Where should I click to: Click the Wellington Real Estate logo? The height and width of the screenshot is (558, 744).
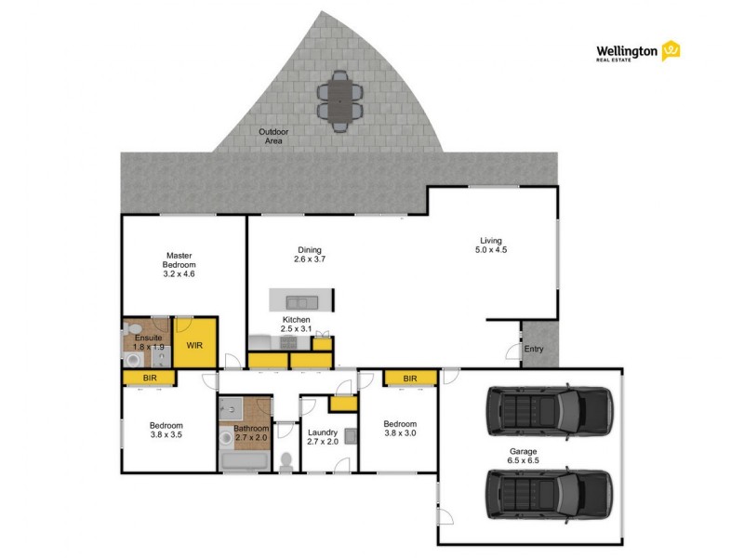638,51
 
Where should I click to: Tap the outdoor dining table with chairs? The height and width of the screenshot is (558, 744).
340,100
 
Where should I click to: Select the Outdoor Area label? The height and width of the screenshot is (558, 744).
273,136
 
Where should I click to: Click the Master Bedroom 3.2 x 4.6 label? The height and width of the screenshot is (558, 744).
179,264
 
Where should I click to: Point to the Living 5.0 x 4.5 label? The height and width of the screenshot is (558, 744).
490,244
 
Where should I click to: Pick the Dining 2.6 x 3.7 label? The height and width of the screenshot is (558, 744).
312,254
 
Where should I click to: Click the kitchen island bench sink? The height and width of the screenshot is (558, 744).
300,301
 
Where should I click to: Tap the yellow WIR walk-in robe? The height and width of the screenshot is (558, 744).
195,345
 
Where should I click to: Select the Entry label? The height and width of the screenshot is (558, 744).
534,350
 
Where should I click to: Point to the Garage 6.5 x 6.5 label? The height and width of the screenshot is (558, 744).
523,455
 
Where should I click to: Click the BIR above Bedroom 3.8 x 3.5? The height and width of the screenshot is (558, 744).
149,378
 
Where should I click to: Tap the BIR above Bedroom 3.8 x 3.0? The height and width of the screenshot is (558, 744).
409,378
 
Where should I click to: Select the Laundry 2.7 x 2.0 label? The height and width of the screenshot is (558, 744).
323,437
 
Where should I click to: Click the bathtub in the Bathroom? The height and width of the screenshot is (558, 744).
244,461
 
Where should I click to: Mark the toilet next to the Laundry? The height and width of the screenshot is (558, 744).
286,460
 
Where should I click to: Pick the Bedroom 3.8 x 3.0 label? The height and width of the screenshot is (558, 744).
400,429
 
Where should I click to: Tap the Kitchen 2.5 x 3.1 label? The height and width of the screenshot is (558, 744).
297,325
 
